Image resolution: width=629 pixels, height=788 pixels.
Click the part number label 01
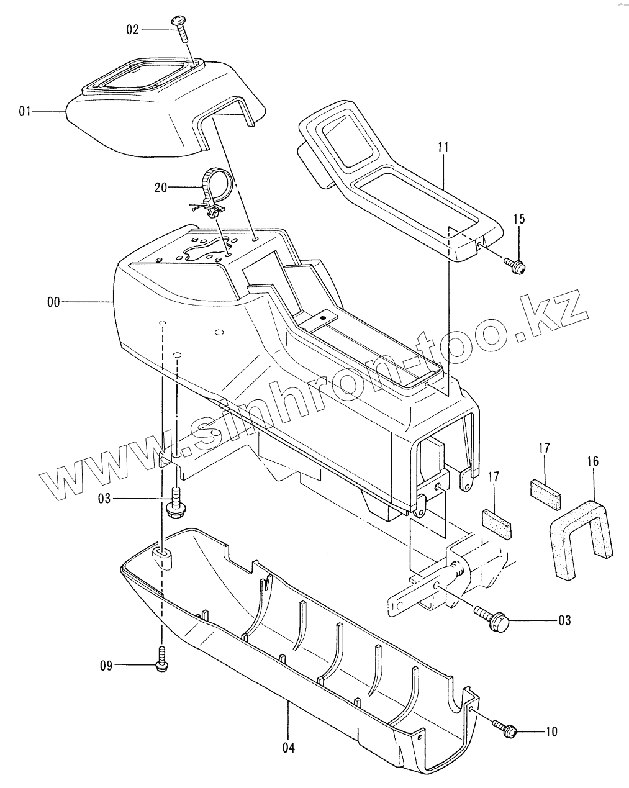25,112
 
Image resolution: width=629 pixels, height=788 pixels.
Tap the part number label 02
132,29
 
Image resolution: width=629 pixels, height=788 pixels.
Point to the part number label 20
161,186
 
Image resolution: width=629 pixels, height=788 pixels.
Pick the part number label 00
53,302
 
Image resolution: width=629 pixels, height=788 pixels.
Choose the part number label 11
443,148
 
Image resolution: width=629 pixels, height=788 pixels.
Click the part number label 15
518,219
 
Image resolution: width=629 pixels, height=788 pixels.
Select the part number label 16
592,462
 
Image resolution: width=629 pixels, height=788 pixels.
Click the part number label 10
551,732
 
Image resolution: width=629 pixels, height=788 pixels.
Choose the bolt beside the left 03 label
174,502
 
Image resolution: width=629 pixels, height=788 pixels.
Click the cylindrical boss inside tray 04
163,557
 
